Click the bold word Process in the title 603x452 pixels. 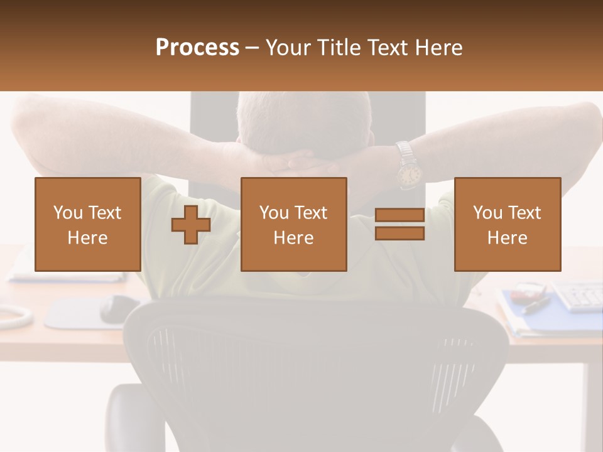pyautogui.click(x=197, y=48)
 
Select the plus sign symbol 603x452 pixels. pyautogui.click(x=191, y=225)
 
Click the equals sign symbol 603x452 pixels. pyautogui.click(x=399, y=224)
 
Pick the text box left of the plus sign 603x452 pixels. pyautogui.click(x=87, y=224)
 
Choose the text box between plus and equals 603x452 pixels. pyautogui.click(x=293, y=224)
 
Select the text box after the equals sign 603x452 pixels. pyautogui.click(x=507, y=224)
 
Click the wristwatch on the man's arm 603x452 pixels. pyautogui.click(x=408, y=170)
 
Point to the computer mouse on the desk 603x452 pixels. pyautogui.click(x=119, y=307)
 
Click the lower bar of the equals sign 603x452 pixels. pyautogui.click(x=399, y=233)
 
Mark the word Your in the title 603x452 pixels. pyautogui.click(x=288, y=48)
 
